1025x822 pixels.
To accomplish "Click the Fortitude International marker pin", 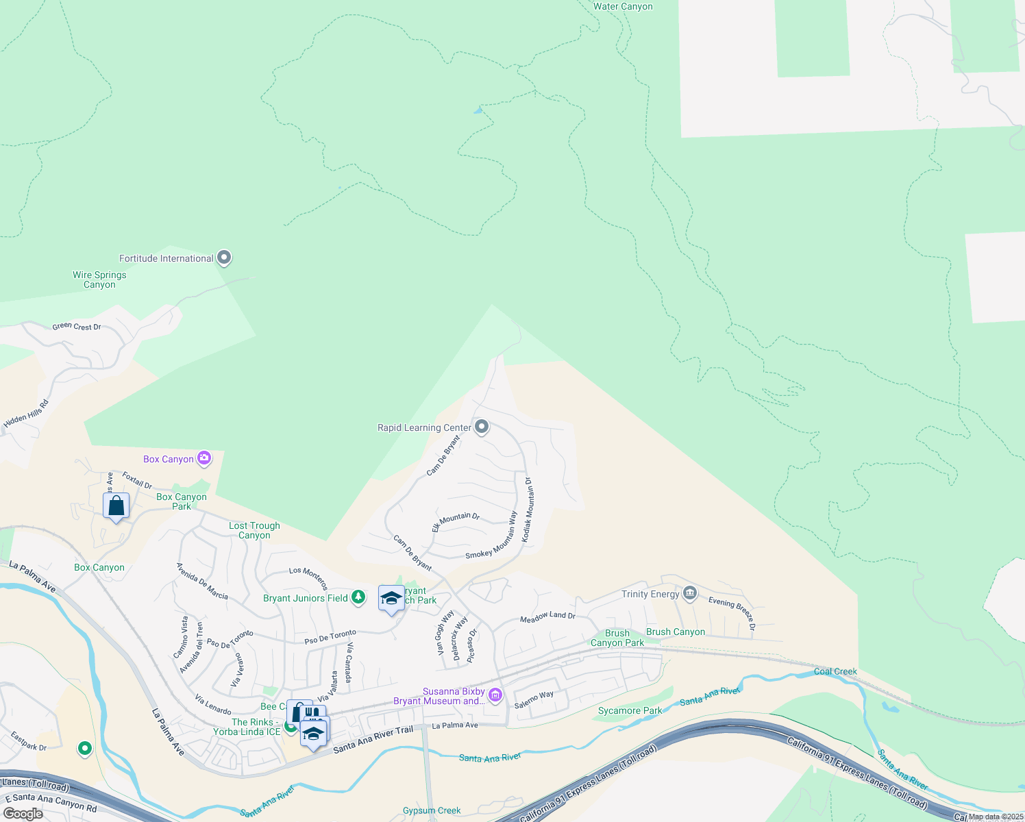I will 224,258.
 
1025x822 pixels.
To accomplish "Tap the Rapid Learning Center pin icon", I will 482,427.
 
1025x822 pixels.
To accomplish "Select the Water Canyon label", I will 623,7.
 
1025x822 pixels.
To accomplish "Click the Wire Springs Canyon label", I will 99,279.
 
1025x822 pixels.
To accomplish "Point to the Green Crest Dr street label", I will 77,327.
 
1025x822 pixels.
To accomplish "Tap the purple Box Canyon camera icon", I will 204,458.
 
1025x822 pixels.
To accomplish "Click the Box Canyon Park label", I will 182,501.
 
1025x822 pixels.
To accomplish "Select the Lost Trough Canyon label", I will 254,530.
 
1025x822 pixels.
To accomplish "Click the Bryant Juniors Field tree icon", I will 358,597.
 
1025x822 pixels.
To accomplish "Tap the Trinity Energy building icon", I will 690,593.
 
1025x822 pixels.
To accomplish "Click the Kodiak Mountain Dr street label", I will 528,510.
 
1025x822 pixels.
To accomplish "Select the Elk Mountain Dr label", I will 456,522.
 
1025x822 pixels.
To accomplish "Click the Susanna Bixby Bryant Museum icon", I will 496,696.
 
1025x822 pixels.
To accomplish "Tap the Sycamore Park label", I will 630,710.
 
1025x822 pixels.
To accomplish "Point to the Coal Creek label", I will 835,671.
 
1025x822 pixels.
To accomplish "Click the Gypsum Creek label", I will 432,810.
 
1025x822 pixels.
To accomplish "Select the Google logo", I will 23,813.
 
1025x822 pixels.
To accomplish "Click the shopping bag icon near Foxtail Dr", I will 116,506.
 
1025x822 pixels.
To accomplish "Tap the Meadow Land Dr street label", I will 547,617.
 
